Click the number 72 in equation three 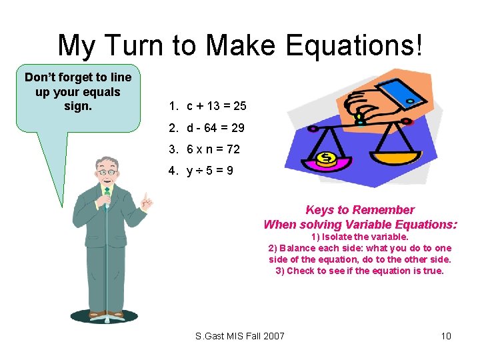point(231,149)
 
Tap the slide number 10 point(446,336)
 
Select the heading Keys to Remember point(360,210)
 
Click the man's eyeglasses point(107,172)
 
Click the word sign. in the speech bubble point(78,105)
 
